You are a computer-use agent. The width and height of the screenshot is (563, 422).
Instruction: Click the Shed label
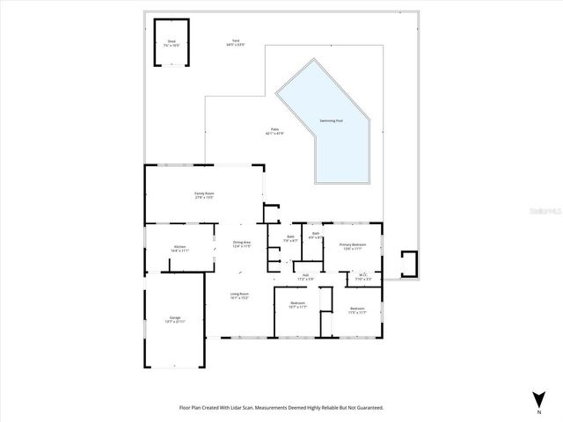coord(172,41)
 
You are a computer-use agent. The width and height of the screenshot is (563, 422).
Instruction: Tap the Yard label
coord(235,41)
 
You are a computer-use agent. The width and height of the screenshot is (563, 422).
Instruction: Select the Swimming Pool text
coord(331,120)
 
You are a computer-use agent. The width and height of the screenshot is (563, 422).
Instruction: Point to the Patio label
coord(275,130)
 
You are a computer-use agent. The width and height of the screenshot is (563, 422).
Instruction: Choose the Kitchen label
coord(179,247)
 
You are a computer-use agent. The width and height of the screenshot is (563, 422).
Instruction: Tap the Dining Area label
coord(242,243)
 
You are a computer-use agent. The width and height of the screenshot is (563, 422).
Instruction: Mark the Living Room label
coord(239,295)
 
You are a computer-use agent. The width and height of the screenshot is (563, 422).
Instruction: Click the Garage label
coord(174,317)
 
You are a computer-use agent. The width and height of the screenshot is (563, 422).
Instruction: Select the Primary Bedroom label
coord(352,244)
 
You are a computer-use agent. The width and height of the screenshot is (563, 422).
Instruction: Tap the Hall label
coord(305,276)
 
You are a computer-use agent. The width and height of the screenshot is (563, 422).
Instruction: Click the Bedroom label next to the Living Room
coord(297,304)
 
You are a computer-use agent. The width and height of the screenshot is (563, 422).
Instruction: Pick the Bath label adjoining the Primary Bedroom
coord(315,235)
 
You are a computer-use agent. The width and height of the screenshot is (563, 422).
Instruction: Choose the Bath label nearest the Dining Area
coord(290,237)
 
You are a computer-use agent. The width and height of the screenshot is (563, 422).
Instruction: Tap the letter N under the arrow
coord(537,411)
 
